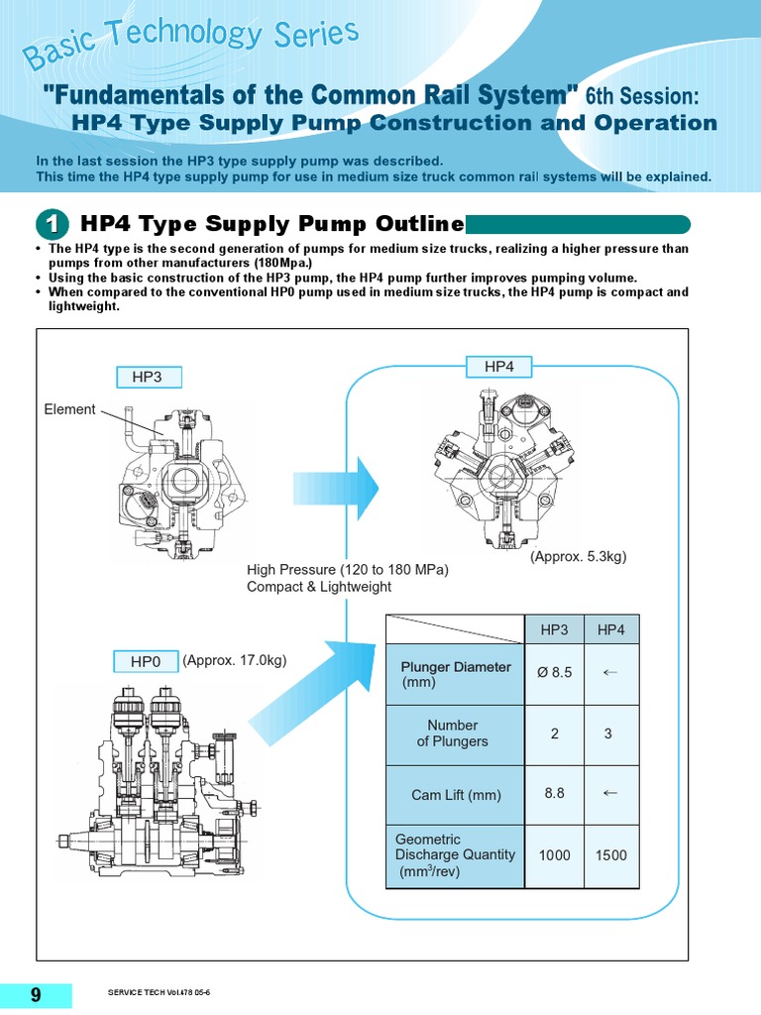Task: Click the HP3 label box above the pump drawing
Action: click(x=146, y=378)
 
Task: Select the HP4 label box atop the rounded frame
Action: click(x=499, y=367)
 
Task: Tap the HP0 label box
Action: click(x=146, y=661)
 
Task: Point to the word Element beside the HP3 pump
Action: click(x=69, y=409)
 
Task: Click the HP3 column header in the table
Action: click(x=554, y=630)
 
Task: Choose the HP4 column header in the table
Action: click(x=611, y=630)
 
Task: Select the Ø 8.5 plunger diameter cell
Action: click(x=554, y=673)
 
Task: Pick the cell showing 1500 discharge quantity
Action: click(x=611, y=854)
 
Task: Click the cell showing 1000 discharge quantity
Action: click(x=554, y=854)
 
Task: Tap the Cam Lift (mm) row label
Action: click(x=456, y=795)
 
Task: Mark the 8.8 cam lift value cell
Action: click(x=554, y=794)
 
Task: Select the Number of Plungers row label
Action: click(x=453, y=733)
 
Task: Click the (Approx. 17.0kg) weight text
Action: click(x=234, y=660)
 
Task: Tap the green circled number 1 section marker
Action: click(x=53, y=224)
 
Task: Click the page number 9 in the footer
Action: click(x=36, y=995)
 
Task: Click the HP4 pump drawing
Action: click(x=500, y=466)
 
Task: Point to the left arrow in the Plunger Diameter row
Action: click(x=611, y=673)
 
